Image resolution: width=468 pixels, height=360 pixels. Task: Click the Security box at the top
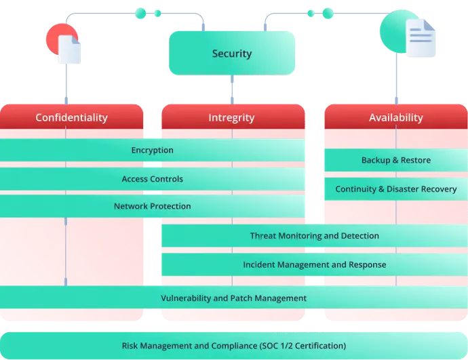tap(232, 54)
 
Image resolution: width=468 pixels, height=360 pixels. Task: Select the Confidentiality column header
tap(71, 117)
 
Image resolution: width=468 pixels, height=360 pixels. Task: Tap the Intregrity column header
tap(231, 117)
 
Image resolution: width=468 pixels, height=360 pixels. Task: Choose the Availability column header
tap(395, 117)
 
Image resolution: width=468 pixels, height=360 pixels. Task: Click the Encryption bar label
tap(153, 150)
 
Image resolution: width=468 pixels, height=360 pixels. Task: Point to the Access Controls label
tap(153, 179)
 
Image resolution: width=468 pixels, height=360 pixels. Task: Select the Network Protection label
tap(153, 206)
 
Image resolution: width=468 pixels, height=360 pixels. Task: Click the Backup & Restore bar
tap(395, 160)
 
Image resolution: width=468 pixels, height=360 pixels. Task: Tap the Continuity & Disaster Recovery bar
tap(395, 189)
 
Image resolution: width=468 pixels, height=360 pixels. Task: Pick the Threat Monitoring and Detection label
tap(314, 236)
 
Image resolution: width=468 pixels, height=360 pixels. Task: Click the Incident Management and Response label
tap(314, 264)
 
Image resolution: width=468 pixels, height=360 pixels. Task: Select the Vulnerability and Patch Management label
tap(233, 298)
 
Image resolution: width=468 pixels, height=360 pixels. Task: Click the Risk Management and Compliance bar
tap(233, 346)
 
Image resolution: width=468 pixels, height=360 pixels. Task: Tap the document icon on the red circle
tap(69, 49)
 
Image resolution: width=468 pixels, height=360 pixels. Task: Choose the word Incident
tap(260, 264)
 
